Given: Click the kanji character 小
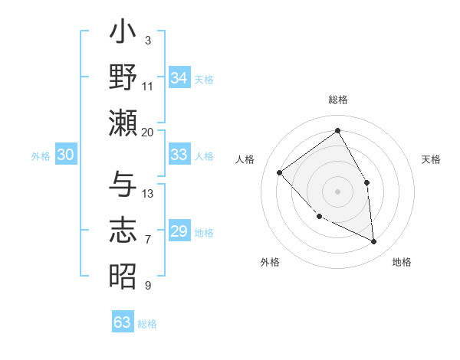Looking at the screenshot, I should point(123,34).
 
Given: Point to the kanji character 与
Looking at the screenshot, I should point(123,184).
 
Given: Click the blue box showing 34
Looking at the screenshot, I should point(179,78).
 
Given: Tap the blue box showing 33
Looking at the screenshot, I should point(179,155).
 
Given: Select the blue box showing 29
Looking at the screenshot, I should point(179,231).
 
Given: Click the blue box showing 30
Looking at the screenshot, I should point(65,155).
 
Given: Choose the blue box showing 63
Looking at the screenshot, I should point(123,322).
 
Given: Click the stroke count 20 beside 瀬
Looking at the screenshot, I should point(147,132).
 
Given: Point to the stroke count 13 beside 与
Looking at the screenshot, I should point(148,193).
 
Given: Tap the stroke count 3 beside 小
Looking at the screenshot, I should point(147,40).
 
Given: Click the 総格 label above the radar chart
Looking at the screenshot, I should point(337,100).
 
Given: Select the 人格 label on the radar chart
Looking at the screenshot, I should point(245,159).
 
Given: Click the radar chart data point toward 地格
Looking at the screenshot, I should point(373,242).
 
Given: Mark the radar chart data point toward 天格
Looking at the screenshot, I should point(366,183).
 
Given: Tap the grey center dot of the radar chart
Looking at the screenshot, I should point(337,191).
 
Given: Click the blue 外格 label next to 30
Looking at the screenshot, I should point(41,156).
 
